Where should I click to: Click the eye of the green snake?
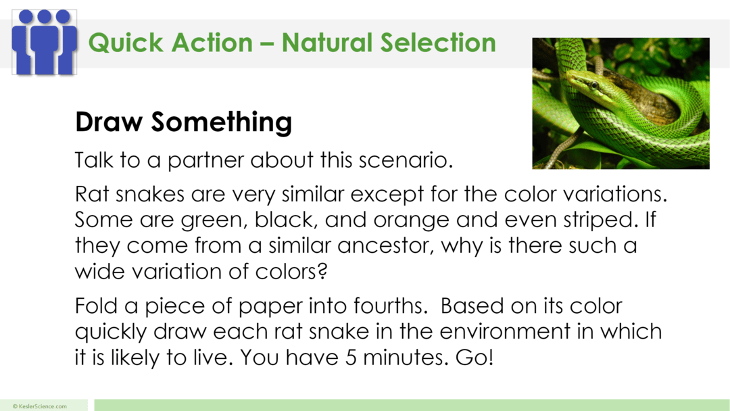(592, 85)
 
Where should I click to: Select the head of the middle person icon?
(45, 16)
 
